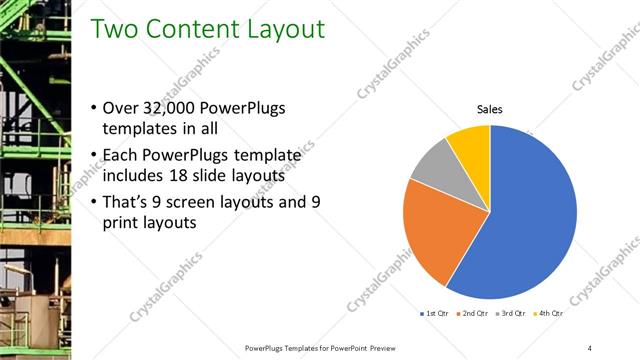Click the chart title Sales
click(489, 109)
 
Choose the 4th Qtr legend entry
click(546, 315)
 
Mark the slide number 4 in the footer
click(589, 347)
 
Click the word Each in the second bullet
click(120, 154)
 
